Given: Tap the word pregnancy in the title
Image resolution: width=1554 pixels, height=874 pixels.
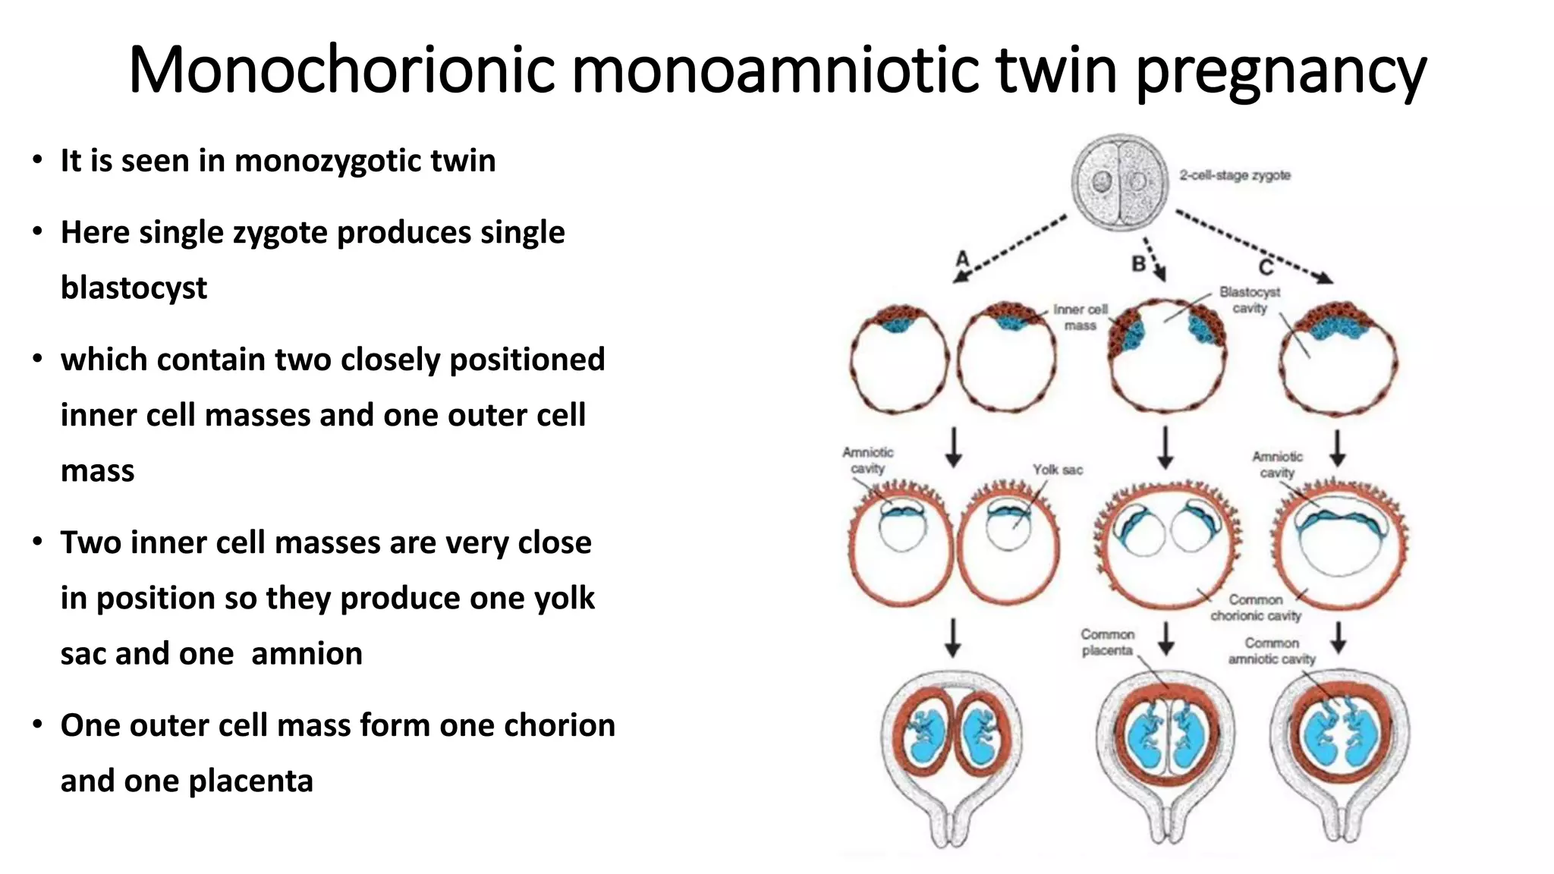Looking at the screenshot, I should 1281,71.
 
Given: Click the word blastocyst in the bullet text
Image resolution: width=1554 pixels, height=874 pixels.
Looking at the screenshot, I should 134,288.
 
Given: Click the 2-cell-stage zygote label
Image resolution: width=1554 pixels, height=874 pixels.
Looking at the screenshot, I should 1235,175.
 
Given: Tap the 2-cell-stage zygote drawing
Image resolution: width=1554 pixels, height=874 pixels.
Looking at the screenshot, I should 1119,182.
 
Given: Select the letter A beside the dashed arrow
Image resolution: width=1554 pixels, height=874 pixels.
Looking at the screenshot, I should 962,259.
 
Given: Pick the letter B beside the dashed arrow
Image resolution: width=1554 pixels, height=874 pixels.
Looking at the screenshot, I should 1138,264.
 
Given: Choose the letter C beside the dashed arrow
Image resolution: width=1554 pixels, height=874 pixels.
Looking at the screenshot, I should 1266,267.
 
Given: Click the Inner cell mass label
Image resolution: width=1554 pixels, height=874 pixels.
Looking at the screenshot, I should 1081,317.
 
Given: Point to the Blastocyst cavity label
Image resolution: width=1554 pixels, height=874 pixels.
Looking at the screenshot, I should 1250,300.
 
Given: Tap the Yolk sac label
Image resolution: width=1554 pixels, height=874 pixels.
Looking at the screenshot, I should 1057,470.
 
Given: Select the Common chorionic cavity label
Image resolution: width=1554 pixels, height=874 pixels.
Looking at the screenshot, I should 1256,608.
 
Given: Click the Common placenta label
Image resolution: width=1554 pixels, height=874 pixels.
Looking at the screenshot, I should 1107,642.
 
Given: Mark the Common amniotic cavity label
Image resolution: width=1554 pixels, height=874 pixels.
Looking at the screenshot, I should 1272,651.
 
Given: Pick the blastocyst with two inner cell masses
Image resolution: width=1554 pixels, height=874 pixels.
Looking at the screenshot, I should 1166,355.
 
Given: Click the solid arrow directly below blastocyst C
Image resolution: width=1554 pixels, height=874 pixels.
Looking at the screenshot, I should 1338,448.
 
